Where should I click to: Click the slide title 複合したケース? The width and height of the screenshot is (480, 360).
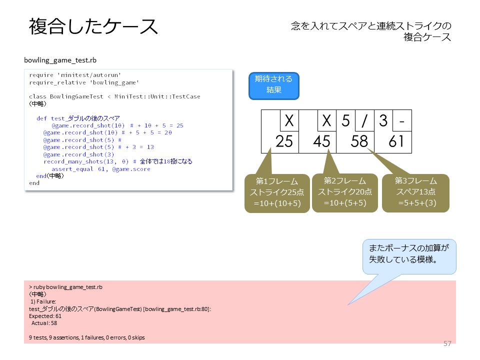[x=93, y=26]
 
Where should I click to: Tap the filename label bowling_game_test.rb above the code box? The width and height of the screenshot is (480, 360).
[x=60, y=60]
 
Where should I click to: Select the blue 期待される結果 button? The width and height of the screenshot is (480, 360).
[x=273, y=86]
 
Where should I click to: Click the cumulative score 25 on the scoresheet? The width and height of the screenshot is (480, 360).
[x=284, y=141]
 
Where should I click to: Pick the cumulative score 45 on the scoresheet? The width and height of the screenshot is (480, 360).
[x=321, y=141]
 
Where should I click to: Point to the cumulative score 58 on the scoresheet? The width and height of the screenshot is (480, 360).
[x=359, y=141]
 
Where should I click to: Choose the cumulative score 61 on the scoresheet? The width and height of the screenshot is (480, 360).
[x=396, y=141]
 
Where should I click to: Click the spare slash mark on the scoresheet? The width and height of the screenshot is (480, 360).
[x=364, y=120]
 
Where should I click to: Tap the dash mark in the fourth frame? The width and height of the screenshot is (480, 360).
[x=402, y=121]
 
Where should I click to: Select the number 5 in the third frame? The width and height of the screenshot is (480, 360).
[x=345, y=120]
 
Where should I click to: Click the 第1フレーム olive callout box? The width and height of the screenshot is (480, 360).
[x=277, y=193]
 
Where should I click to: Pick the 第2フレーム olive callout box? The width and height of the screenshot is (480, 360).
[x=345, y=193]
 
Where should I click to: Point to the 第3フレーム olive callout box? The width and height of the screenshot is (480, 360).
[x=415, y=193]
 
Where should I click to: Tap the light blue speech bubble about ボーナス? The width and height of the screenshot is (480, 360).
[x=409, y=256]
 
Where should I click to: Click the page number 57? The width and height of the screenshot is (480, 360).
[x=447, y=343]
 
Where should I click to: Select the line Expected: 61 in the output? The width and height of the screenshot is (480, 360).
[x=45, y=316]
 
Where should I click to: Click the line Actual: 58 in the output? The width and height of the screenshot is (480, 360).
[x=44, y=323]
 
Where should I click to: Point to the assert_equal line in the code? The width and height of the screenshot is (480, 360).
[x=101, y=169]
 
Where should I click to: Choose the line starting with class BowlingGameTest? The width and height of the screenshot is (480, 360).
[x=115, y=96]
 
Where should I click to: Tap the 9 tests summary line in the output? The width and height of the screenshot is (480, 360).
[x=87, y=337]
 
